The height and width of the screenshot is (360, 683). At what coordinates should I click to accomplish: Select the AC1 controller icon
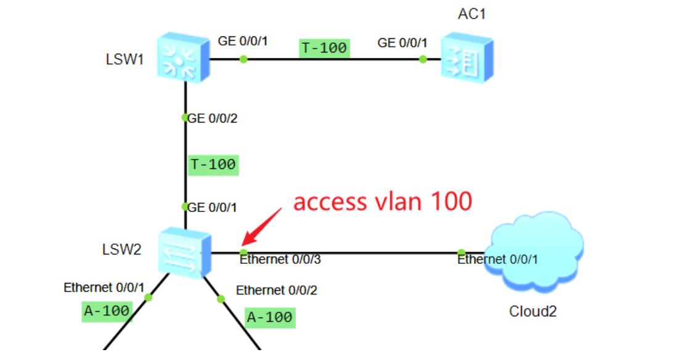467,59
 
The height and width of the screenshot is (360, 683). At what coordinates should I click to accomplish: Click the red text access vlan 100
382,202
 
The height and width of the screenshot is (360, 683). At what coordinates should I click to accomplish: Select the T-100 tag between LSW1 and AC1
325,47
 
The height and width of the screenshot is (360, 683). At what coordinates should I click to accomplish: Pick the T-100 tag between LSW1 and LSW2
213,165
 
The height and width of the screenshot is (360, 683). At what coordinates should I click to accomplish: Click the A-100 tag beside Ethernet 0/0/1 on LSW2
107,311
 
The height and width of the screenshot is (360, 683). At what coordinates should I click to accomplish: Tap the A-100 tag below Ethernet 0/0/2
269,317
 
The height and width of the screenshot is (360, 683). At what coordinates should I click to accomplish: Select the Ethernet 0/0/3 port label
280,260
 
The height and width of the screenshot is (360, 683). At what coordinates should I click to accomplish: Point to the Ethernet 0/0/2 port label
277,290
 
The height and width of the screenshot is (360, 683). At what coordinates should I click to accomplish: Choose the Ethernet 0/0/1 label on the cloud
497,260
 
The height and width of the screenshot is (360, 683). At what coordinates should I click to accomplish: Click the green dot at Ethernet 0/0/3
243,252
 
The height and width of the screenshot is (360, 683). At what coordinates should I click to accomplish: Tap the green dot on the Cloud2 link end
461,252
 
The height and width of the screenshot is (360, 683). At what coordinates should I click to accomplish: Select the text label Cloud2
533,311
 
